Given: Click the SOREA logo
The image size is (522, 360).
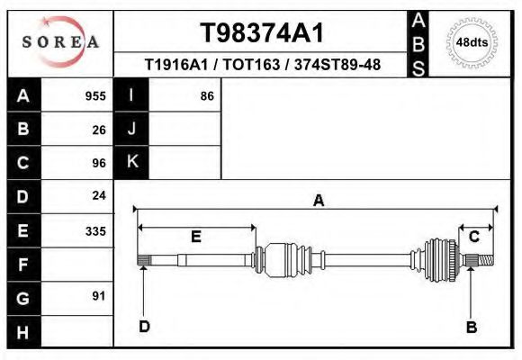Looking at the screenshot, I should (x=60, y=42).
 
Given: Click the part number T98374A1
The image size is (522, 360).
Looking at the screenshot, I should (x=261, y=32).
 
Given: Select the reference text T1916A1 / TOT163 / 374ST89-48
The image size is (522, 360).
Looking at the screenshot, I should (x=261, y=65).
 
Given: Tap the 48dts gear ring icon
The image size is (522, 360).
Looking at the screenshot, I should (x=472, y=42).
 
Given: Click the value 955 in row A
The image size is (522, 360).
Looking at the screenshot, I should (x=95, y=95).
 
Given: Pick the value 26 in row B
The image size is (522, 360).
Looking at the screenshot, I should (x=99, y=129).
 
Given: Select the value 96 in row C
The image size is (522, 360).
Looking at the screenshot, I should (x=99, y=163).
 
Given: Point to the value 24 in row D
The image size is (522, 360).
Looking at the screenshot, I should (x=99, y=195).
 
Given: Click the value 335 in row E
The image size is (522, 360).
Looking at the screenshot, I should (x=95, y=230).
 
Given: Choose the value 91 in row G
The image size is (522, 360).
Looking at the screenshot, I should (x=99, y=296).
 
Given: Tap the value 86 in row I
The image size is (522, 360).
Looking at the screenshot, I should (x=206, y=95).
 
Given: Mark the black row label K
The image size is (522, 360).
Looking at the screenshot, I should (x=131, y=162).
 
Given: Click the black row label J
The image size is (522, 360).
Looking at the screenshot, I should (x=131, y=129).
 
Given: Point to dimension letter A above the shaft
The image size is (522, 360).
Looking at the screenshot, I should (x=318, y=201).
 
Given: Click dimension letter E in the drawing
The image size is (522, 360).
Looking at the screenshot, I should (x=195, y=237).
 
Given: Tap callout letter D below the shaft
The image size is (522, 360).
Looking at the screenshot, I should (x=144, y=326).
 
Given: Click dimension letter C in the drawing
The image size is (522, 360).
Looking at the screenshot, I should (x=473, y=237).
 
